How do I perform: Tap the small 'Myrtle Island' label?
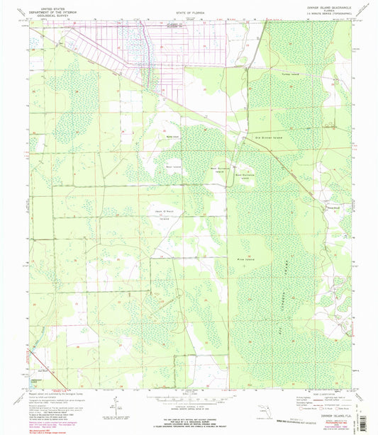[172, 137]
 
